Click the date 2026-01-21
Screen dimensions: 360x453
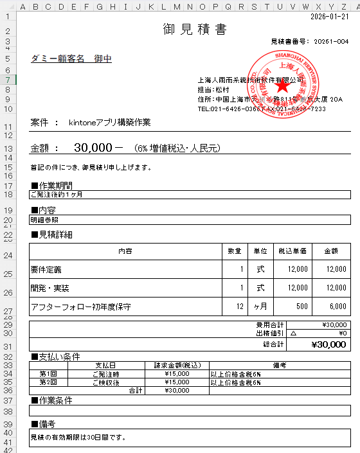[330, 17]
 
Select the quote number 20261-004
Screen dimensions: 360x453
[332, 41]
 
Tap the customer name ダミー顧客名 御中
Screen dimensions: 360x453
[71, 58]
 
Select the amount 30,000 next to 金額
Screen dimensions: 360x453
[94, 148]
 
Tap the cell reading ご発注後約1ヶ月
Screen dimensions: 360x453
[57, 194]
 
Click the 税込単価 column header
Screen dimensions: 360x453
[293, 251]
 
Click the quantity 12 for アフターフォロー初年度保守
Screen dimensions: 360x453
[240, 306]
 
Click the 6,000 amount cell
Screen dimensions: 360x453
[337, 306]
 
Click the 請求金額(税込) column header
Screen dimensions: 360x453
[176, 366]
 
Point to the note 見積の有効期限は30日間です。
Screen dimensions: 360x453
[76, 438]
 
